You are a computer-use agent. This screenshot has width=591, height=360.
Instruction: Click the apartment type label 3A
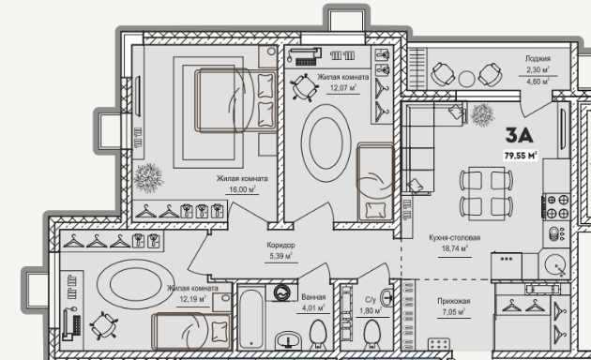point(519,136)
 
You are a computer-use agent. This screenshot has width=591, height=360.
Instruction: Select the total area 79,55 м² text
point(521,155)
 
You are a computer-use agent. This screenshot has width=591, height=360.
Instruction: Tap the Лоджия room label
point(538,58)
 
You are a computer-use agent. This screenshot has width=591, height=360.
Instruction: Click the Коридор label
point(280,245)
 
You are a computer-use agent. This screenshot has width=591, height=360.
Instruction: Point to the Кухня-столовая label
point(455,237)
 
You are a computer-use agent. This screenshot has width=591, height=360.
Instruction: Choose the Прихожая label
point(454,301)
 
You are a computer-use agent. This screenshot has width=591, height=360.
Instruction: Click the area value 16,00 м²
point(242,189)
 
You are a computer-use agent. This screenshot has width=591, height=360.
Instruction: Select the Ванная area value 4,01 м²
point(313,308)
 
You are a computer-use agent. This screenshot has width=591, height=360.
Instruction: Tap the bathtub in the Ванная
point(251,318)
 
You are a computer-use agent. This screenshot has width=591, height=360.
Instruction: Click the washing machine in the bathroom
point(282,292)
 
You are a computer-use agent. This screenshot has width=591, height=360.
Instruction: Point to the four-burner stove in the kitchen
point(556,206)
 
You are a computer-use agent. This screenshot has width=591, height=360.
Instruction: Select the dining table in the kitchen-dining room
point(486,193)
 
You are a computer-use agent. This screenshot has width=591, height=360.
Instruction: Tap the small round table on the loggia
point(466,79)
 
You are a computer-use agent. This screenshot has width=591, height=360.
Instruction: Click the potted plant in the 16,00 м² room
point(148,178)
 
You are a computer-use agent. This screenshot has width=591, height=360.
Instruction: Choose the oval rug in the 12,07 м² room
point(326,142)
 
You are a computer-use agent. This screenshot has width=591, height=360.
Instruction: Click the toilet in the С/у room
point(372,333)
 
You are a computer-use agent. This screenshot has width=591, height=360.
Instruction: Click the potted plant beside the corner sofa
point(482,115)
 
